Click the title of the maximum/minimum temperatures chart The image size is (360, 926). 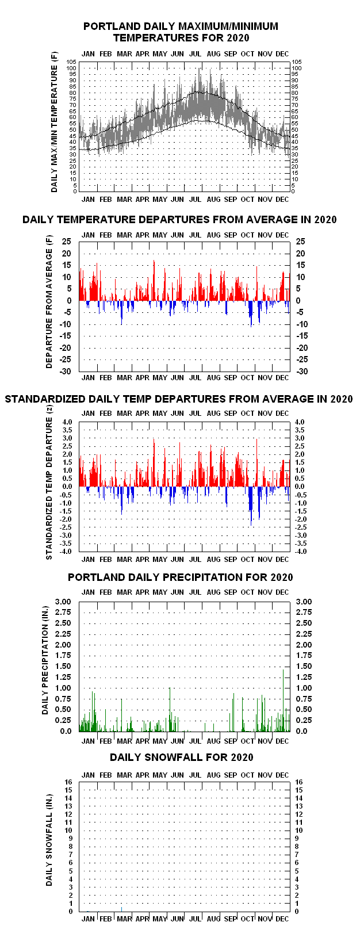coord(181,32)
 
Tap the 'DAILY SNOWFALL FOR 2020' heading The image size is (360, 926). coord(182,757)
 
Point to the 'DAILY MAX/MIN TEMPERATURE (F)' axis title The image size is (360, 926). coord(54,121)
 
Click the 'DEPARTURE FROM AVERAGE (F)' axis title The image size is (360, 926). coord(49,302)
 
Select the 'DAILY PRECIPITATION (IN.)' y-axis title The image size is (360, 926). coord(45,660)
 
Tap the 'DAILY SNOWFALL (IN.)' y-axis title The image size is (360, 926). coord(49,840)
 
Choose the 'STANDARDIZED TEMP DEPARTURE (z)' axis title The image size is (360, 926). coord(49,488)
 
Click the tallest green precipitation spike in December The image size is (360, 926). coord(283,701)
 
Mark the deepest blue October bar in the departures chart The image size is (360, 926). coord(251,314)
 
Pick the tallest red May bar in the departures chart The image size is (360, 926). coord(154,280)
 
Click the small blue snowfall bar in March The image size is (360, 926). coord(121,909)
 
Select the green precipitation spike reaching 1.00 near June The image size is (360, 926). coord(170,709)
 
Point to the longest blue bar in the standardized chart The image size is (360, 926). coord(251,506)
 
